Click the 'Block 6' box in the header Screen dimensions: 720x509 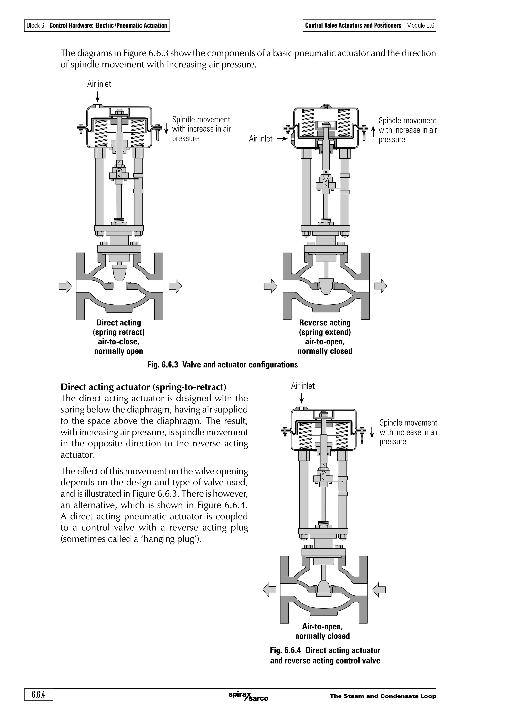[36, 25]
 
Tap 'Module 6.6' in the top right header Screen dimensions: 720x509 [420, 25]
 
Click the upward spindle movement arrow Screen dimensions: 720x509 [373, 131]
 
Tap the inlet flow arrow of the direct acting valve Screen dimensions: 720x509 [65, 286]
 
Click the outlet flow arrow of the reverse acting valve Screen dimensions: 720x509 [381, 286]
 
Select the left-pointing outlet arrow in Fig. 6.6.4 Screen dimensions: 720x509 [269, 590]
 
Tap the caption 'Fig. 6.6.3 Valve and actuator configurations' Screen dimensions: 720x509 [222, 365]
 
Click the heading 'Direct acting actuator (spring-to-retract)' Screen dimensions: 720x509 [143, 387]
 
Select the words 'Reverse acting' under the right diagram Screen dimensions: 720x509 [325, 323]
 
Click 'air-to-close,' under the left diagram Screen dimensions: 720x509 [119, 342]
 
